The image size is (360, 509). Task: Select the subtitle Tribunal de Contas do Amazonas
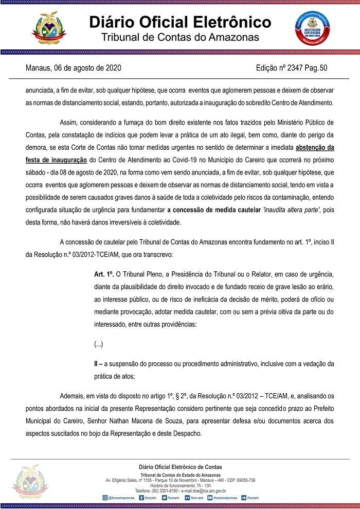[180, 38]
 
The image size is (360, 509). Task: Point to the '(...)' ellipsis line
[98, 343]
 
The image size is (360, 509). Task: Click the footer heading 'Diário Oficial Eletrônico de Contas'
[181, 467]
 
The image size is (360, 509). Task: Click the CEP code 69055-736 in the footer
[244, 480]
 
